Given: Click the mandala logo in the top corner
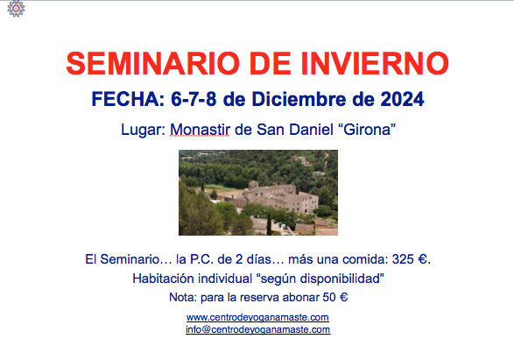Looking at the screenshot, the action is click(16, 8).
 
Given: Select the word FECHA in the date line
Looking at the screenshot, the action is click(128, 99).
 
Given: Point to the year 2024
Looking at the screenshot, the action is click(402, 99).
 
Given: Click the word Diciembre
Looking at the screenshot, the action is click(299, 99).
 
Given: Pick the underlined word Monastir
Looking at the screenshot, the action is click(200, 130).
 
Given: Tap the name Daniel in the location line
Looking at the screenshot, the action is click(311, 130).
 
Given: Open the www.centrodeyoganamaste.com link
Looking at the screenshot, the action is click(257, 317).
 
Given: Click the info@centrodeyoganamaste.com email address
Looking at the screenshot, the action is click(258, 329).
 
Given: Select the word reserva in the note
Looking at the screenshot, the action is click(259, 298).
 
